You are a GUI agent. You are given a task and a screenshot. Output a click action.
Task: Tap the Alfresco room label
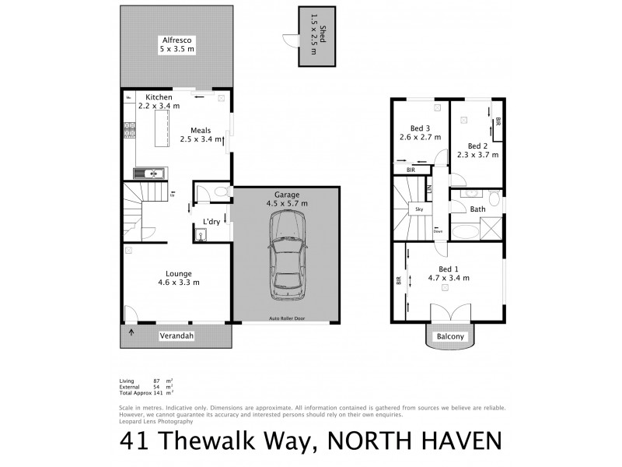(x=177, y=40)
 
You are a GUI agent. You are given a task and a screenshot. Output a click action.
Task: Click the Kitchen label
(x=152, y=97)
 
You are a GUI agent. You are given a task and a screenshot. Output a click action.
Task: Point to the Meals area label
(x=201, y=131)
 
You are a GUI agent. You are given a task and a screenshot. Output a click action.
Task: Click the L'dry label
(x=210, y=221)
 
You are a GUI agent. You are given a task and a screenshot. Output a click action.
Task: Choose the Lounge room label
(x=178, y=273)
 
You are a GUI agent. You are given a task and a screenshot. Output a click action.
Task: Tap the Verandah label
(x=176, y=335)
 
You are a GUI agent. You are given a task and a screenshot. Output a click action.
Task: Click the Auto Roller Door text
(x=286, y=319)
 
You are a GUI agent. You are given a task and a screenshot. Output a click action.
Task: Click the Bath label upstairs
(x=477, y=209)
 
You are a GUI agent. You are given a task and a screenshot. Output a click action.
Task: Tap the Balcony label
(x=450, y=336)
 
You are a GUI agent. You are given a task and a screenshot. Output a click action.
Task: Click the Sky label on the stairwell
(x=418, y=209)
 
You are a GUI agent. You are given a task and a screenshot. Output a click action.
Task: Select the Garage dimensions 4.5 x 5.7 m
(x=286, y=204)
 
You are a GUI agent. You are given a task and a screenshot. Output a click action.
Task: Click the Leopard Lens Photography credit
(x=156, y=421)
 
